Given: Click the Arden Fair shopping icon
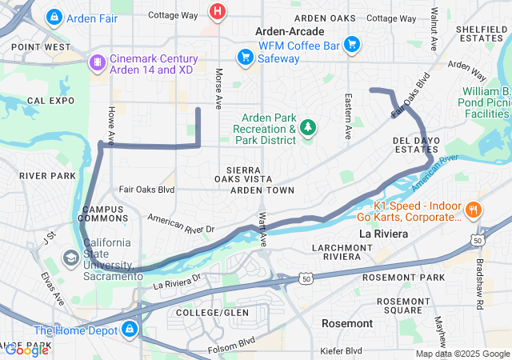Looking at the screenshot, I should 54,16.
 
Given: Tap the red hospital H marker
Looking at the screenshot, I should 217,11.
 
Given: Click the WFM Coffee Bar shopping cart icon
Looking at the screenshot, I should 350,45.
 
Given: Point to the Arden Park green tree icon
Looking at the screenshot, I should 308,127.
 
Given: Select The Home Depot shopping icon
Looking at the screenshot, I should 129,330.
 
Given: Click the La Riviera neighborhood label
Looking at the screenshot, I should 383,234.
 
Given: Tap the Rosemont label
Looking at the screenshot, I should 346,323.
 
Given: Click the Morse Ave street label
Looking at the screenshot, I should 218,88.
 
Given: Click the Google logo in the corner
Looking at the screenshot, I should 26,350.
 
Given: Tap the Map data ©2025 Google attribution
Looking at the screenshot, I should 462,354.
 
